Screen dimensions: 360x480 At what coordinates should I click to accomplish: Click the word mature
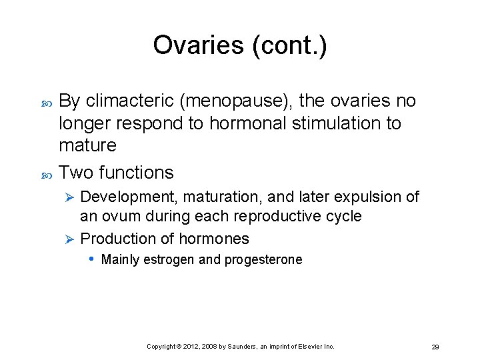point(87,145)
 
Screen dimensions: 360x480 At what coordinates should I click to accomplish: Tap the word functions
point(136,173)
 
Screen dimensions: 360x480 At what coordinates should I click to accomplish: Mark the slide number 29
point(435,347)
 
